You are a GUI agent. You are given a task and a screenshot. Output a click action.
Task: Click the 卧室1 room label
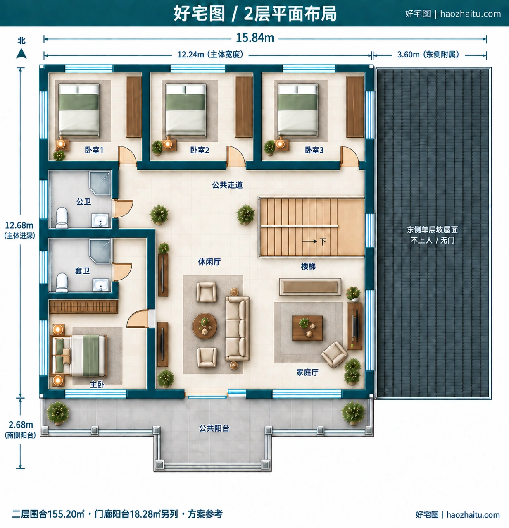coord(94,150)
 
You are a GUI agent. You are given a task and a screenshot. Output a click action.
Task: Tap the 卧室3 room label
coord(314,150)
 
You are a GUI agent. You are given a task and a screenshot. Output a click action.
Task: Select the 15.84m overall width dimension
coord(255,38)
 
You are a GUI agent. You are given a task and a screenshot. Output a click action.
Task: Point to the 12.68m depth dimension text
coord(19,225)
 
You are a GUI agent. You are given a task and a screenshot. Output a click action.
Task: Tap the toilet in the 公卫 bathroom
coord(62,218)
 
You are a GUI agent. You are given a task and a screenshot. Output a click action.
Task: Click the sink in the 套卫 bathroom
coord(101,284)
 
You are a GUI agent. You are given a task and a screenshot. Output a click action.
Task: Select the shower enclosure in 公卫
coord(100,183)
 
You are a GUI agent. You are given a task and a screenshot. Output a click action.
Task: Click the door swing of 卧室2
coord(235,156)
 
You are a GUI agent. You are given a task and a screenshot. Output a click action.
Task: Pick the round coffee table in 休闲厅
coord(205,326)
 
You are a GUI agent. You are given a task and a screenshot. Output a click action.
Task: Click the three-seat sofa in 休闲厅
coord(237,329)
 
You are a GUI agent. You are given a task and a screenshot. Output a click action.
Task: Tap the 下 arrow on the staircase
coord(310,241)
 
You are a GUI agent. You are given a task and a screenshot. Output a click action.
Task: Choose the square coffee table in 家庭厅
coord(307,328)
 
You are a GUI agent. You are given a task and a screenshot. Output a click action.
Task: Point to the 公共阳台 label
coord(214,428)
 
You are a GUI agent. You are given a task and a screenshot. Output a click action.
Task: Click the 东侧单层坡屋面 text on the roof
coord(432,230)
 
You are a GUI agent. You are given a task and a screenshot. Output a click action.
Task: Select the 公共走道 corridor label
coord(227,185)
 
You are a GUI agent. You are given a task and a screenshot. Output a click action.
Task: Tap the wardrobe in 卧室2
coord(243,107)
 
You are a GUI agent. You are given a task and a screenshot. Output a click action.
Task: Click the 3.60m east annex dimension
coord(428,55)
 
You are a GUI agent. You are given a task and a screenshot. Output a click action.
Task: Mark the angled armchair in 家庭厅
coord(334,354)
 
